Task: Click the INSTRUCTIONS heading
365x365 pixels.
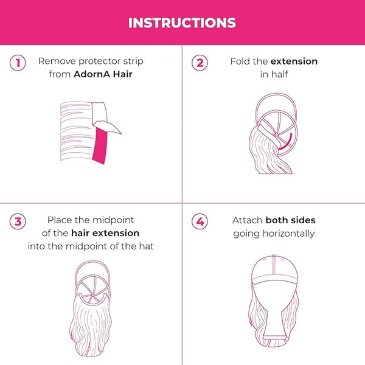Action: pos(182,23)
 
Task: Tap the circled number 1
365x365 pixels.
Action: pos(18,63)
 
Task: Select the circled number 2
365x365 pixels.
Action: pos(200,63)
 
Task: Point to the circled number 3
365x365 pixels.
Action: pos(18,221)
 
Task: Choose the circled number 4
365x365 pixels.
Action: pos(200,221)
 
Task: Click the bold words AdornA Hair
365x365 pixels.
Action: pos(103,74)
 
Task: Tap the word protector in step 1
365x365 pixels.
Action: pos(99,61)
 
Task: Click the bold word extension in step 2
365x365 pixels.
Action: pos(294,61)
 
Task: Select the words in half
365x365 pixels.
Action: pos(274,74)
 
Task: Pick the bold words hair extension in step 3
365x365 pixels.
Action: pos(105,233)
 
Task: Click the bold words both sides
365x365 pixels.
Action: pos(291,220)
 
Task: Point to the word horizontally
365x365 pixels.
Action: pos(288,234)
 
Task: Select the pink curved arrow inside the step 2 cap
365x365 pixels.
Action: pos(286,142)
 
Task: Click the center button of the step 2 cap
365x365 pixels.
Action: pos(276,134)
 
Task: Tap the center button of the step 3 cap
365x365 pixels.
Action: pos(92,296)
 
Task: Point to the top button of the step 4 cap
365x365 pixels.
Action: pos(274,255)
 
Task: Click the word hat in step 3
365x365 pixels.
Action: pos(147,246)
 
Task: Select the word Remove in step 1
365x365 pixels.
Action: pos(57,61)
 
